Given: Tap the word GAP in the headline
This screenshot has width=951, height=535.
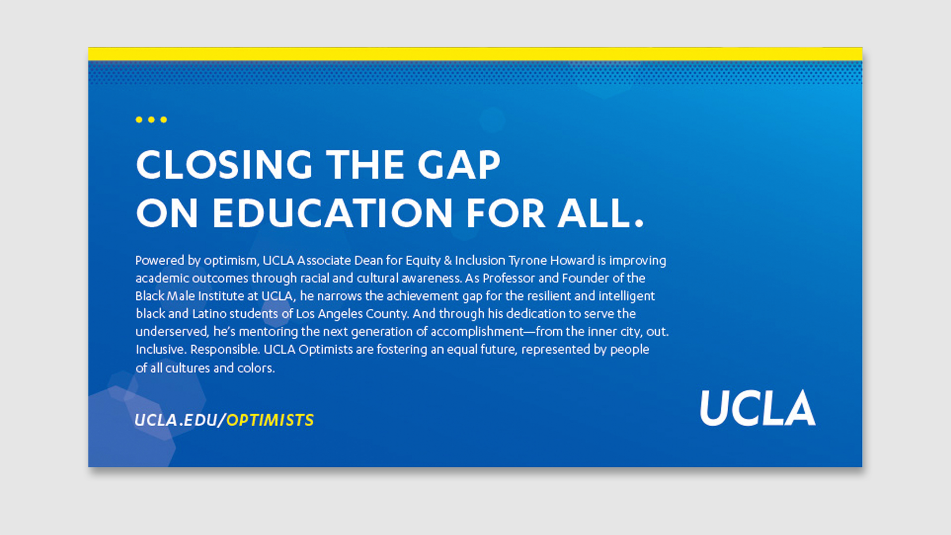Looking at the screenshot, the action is [x=459, y=164].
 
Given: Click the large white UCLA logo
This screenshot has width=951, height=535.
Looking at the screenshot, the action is [x=758, y=408].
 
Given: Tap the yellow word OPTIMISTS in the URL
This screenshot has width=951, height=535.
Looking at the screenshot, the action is [x=270, y=420].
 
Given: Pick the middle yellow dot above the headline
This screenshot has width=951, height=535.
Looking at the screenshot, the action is [x=151, y=119].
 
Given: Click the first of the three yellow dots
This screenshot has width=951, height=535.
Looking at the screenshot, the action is [x=139, y=119].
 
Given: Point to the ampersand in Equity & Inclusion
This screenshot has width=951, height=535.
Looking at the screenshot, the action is [x=448, y=260].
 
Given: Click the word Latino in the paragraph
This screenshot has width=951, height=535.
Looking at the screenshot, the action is [x=209, y=313].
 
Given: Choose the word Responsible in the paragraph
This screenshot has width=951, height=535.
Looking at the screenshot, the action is [x=224, y=349].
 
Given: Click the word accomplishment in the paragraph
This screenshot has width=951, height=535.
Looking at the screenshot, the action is [x=477, y=332].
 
